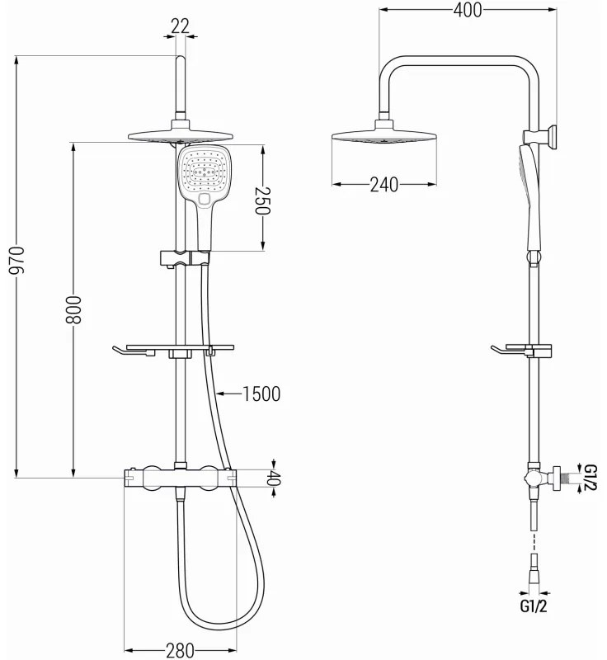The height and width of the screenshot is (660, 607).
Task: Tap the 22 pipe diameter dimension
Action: pyautogui.click(x=179, y=26)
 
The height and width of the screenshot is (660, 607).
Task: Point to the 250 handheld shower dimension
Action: pyautogui.click(x=261, y=200)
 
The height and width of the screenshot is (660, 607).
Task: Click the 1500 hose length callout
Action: pyautogui.click(x=261, y=394)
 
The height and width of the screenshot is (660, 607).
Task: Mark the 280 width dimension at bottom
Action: pyautogui.click(x=179, y=649)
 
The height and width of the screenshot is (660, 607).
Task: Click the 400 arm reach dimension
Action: pyautogui.click(x=467, y=11)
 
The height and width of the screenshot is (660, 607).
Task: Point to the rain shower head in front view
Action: pyautogui.click(x=179, y=137)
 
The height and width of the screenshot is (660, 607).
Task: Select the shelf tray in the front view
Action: pyautogui.click(x=173, y=350)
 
